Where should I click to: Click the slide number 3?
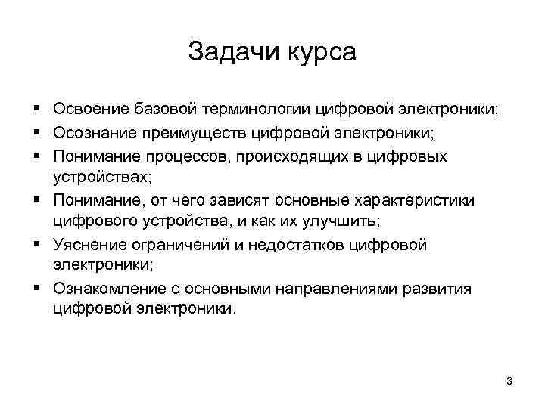pyautogui.click(x=509, y=381)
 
